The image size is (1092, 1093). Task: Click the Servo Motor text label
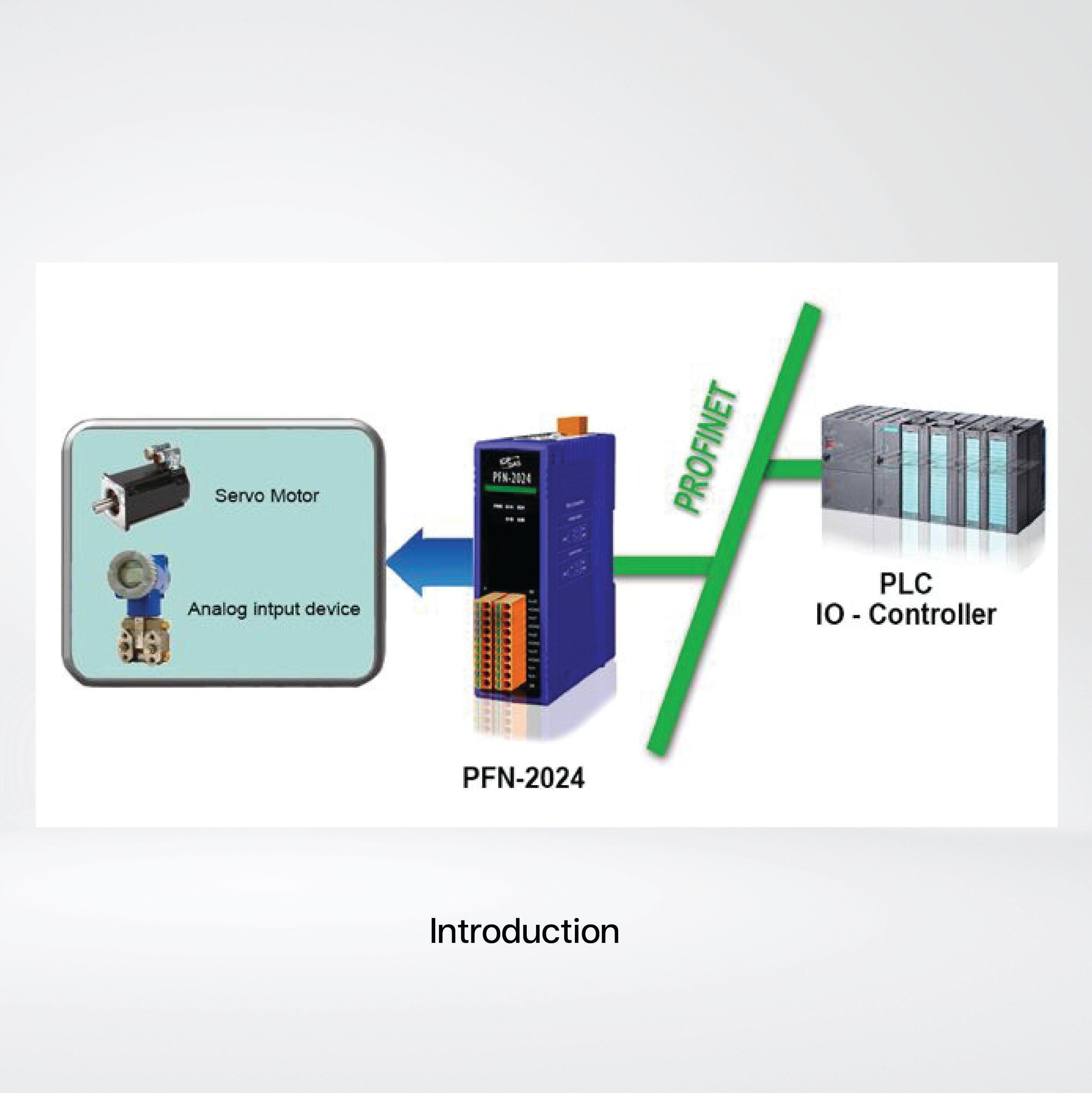(266, 496)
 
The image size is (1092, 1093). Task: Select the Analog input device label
(274, 609)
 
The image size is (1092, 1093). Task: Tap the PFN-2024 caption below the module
(523, 778)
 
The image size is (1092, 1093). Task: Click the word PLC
(905, 583)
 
